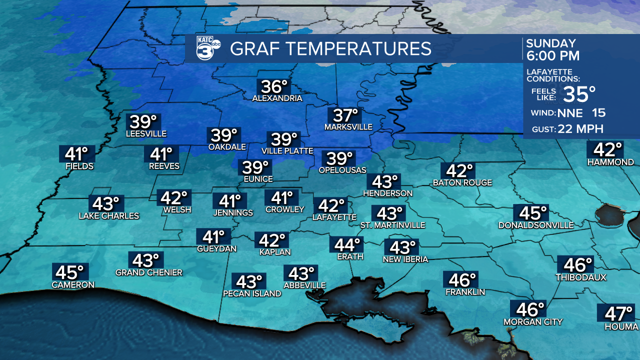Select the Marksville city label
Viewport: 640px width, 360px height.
(x=348, y=127)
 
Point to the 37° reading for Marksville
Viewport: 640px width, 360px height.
(x=345, y=115)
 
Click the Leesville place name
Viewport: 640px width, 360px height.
(x=146, y=133)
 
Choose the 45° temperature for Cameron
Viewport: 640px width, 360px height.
(x=69, y=272)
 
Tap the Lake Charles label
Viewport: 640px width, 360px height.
(x=109, y=216)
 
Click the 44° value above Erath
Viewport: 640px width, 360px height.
(x=347, y=245)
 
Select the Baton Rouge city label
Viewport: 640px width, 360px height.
(x=462, y=183)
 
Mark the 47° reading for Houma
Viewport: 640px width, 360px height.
(x=618, y=314)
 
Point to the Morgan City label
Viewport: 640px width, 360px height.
(x=533, y=321)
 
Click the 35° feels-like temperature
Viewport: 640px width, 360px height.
(x=579, y=93)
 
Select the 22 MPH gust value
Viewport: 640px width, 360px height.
(x=581, y=129)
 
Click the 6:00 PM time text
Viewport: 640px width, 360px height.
(x=552, y=55)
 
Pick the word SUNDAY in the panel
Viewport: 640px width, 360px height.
(x=550, y=43)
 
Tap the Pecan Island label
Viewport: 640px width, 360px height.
(x=252, y=293)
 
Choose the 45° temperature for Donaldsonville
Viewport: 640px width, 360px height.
(x=533, y=213)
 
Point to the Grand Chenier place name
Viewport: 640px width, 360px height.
(x=149, y=272)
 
